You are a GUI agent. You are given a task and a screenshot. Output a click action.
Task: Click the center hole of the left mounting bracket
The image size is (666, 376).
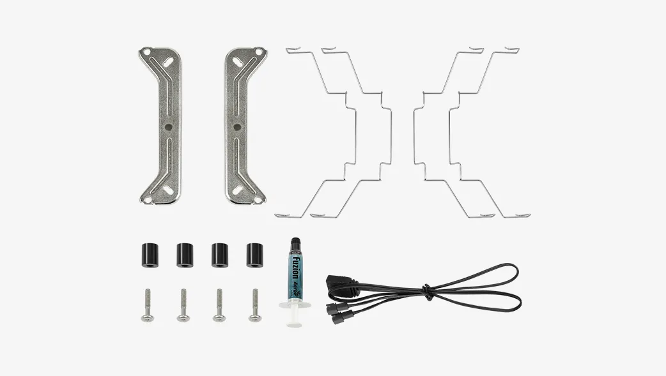tap(167, 126)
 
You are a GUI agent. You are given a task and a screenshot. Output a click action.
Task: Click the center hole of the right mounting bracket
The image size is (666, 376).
tap(237, 126)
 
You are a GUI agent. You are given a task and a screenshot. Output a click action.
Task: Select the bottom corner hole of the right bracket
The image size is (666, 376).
tap(258, 200)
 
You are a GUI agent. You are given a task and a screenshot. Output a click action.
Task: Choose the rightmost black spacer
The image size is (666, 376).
tap(255, 254)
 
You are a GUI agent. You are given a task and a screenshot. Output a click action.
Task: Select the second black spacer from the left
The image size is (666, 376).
tap(185, 254)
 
